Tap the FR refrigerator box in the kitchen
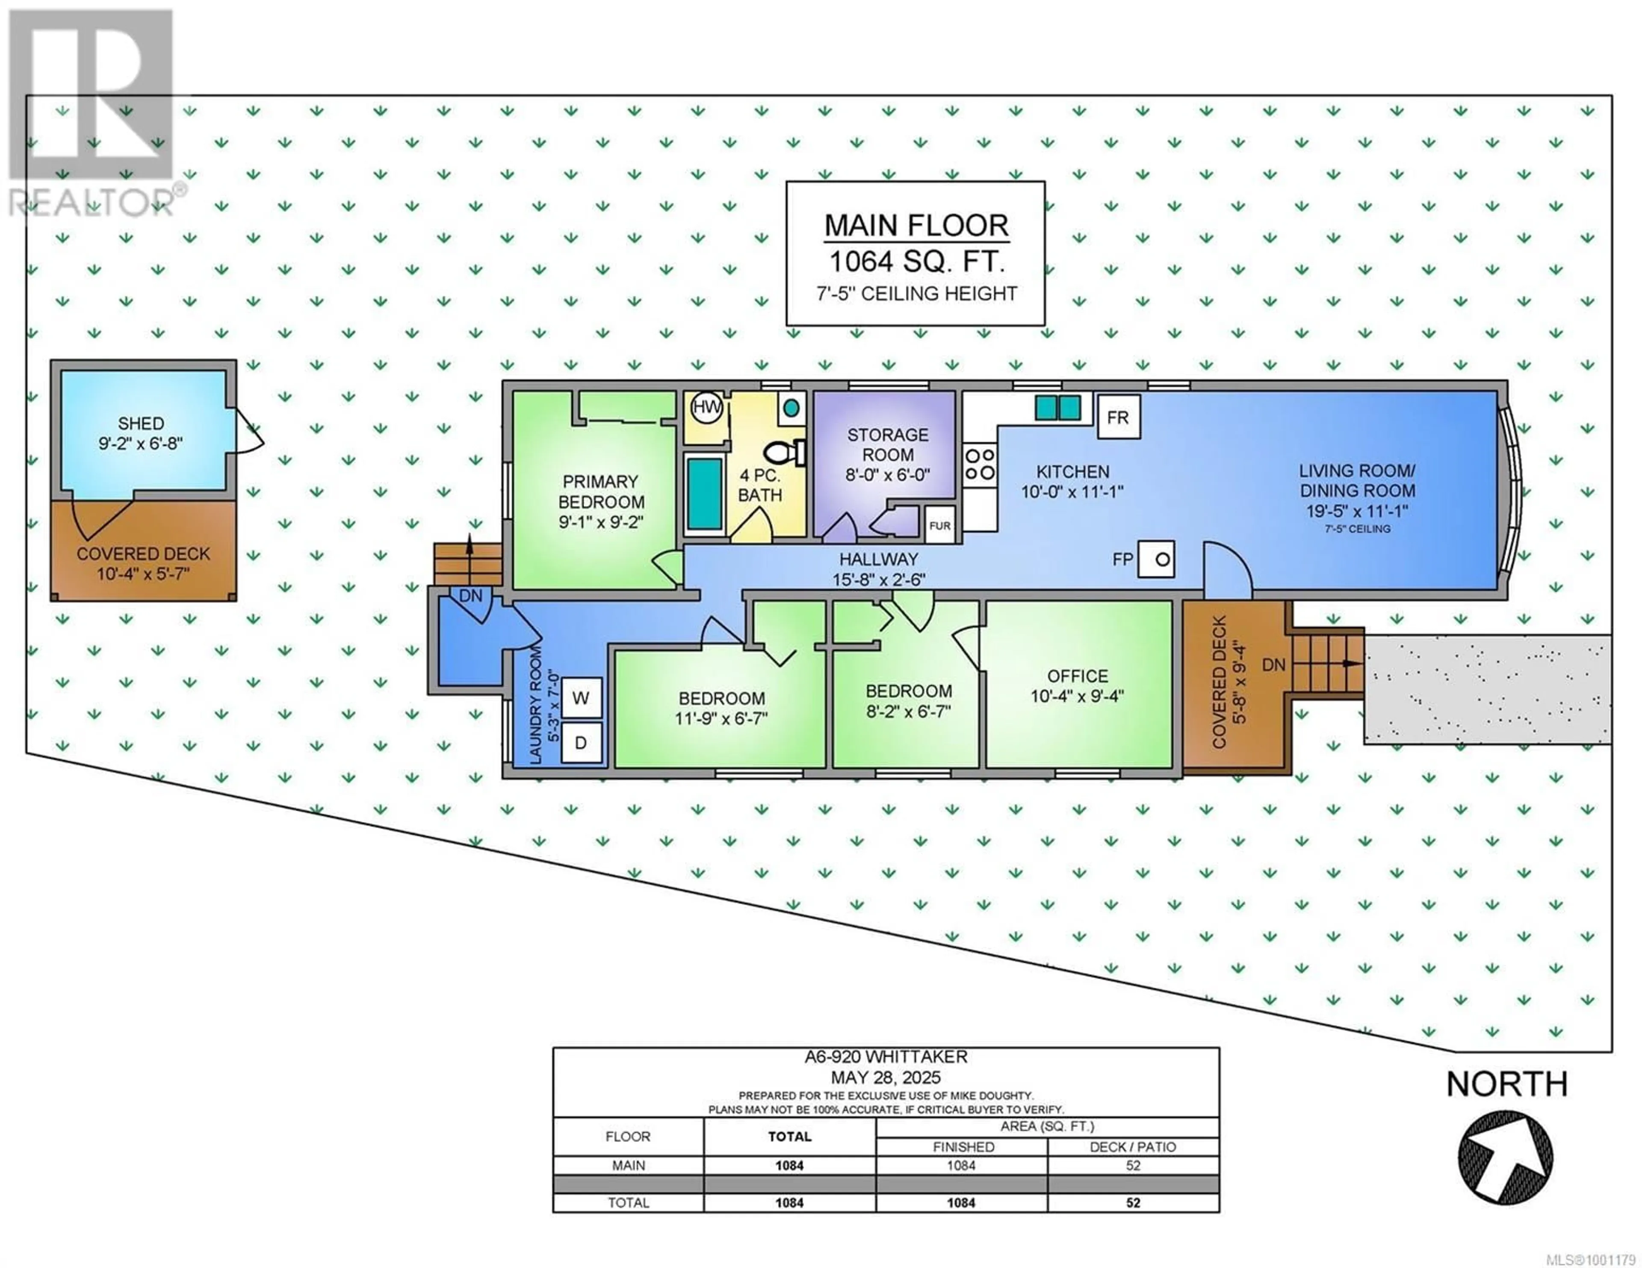click(1118, 417)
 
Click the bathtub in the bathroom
click(704, 494)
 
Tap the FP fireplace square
click(1155, 559)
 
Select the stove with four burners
click(980, 464)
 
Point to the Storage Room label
click(887, 445)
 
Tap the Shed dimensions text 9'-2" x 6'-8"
click(141, 444)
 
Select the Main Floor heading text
click(916, 226)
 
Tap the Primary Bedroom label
click(601, 491)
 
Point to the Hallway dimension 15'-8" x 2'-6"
click(879, 580)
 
